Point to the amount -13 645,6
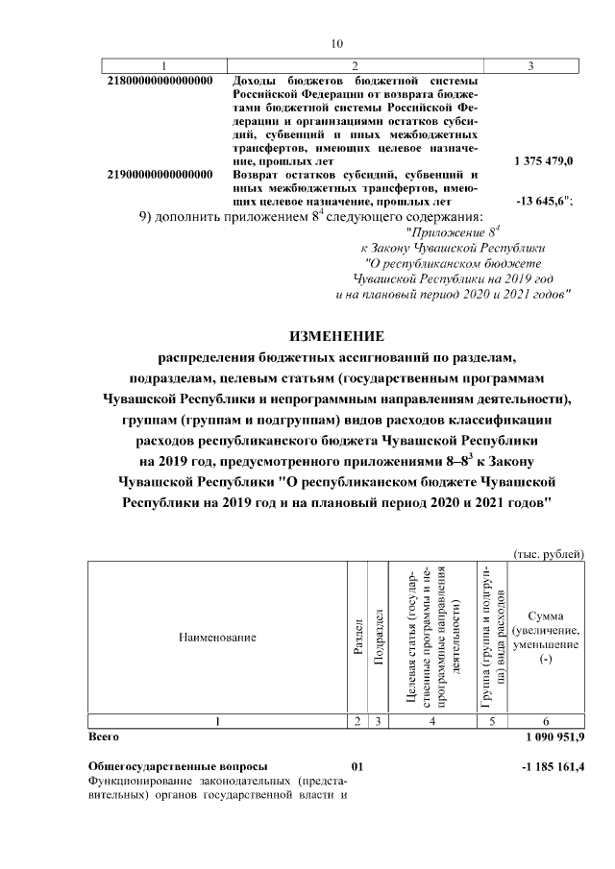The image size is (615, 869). (545, 203)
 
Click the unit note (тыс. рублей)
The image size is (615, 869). (549, 554)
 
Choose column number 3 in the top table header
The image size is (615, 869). (531, 65)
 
